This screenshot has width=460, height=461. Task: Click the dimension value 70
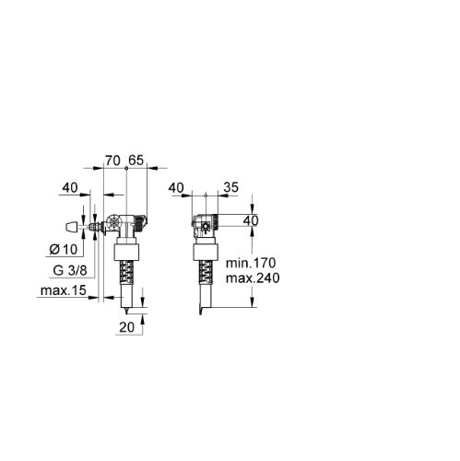tap(112, 160)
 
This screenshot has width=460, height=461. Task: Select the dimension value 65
tap(136, 160)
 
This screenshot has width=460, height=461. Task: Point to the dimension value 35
tap(230, 187)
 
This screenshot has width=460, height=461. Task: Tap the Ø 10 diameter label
tap(64, 250)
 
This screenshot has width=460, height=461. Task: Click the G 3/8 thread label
tap(70, 270)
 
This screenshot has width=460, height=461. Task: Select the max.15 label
tap(64, 290)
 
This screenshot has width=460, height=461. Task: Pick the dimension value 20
tap(127, 327)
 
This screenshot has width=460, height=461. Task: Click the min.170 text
tap(251, 263)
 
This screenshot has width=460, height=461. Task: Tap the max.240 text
tap(253, 278)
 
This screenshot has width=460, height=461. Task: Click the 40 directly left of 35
tap(176, 188)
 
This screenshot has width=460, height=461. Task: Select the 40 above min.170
tap(251, 220)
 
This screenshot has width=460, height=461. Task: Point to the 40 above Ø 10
tap(70, 187)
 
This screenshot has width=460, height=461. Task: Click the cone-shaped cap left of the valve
tap(72, 227)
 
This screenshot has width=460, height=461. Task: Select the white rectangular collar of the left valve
tap(127, 253)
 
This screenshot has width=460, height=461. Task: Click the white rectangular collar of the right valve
tap(206, 253)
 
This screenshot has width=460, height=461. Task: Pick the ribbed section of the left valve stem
tap(126, 272)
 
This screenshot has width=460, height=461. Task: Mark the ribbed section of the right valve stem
tap(206, 272)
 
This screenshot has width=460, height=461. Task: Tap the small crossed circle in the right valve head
tap(205, 227)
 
